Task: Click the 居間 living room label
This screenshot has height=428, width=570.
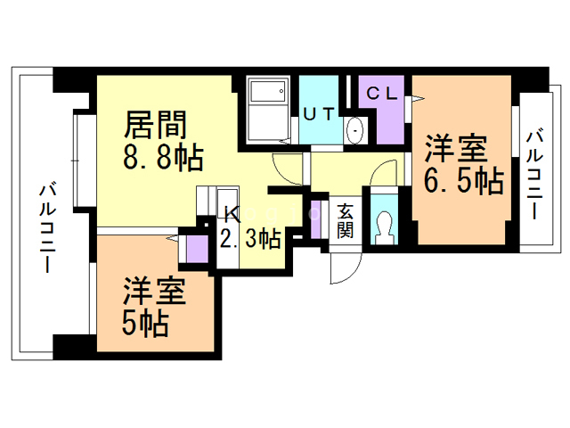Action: click(x=156, y=125)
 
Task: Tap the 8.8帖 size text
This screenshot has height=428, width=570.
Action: click(x=163, y=158)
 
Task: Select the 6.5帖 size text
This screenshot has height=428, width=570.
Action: click(x=464, y=180)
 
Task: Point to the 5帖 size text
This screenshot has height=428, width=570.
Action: click(x=145, y=324)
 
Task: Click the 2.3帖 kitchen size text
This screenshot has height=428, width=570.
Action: click(x=251, y=239)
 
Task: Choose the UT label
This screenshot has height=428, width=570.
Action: click(x=319, y=114)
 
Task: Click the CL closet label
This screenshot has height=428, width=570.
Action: click(x=382, y=94)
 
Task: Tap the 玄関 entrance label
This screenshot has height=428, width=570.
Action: click(x=345, y=220)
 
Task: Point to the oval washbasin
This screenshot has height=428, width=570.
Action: click(x=354, y=130)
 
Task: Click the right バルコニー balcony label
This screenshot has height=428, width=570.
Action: click(x=534, y=175)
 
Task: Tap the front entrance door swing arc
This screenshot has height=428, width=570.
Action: click(x=352, y=274)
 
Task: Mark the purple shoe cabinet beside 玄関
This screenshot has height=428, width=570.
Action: click(x=315, y=220)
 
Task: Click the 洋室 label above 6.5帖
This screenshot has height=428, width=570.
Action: click(x=456, y=148)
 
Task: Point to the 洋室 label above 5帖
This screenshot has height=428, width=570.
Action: click(x=154, y=292)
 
